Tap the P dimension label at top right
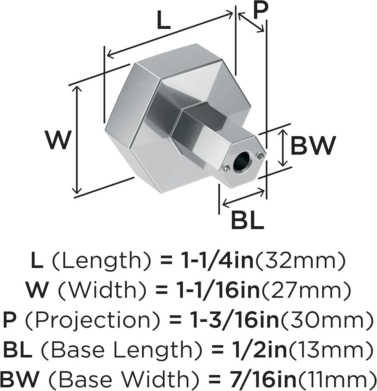click(x=259, y=12)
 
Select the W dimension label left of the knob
click(x=57, y=140)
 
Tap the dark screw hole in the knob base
click(x=242, y=162)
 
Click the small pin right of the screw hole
click(x=260, y=155)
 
